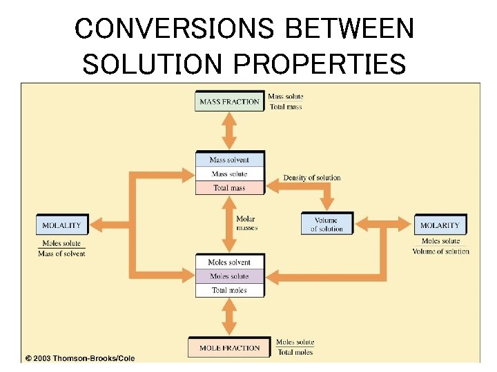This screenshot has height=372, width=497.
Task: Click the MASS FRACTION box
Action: pos(229,102)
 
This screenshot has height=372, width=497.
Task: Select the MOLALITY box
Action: pos(61,225)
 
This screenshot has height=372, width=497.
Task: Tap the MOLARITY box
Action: pos(440,225)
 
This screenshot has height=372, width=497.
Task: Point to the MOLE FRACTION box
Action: pos(229,348)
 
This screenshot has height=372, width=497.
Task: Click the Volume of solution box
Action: pos(327,225)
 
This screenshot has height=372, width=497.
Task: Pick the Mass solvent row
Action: pos(229,160)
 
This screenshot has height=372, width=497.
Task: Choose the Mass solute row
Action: pos(229,174)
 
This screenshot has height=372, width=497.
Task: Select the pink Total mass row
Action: pos(229,187)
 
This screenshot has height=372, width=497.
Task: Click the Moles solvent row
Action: pos(229,262)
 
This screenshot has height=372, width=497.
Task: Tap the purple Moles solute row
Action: pos(229,276)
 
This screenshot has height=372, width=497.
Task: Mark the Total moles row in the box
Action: pos(229,290)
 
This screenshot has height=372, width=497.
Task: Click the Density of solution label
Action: pos(312,178)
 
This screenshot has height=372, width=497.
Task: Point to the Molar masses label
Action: pos(246,223)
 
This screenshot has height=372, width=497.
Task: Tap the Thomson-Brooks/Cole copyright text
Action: pos(80,358)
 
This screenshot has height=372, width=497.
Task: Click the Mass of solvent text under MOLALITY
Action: pos(61,254)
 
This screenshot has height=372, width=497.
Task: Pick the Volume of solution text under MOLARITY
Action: pos(440,251)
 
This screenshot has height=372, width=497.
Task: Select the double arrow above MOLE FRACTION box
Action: pos(229,317)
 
